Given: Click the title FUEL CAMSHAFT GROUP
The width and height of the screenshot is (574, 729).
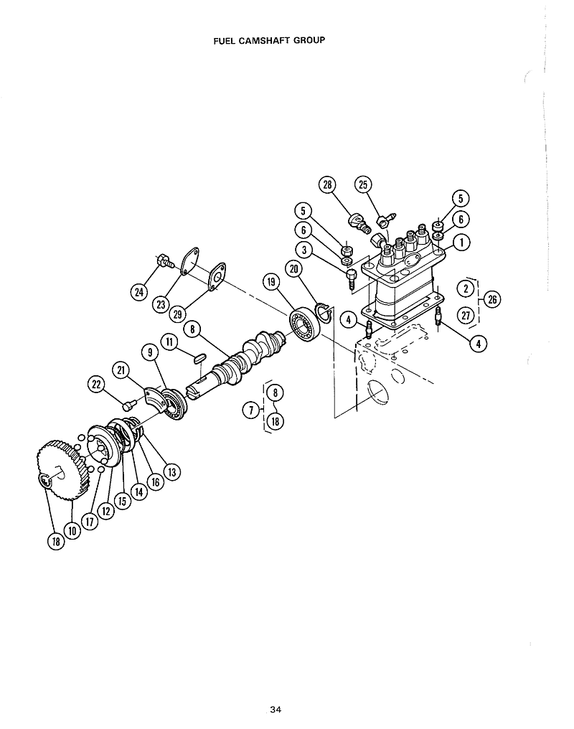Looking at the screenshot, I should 269,40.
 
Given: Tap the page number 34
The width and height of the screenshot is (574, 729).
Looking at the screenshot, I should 276,710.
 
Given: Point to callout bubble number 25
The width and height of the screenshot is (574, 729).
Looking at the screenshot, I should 362,185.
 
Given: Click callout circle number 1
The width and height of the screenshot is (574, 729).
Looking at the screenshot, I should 463,243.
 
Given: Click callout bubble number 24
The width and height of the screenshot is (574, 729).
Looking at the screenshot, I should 138,291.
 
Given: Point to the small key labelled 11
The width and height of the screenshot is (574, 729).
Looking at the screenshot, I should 200,356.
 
